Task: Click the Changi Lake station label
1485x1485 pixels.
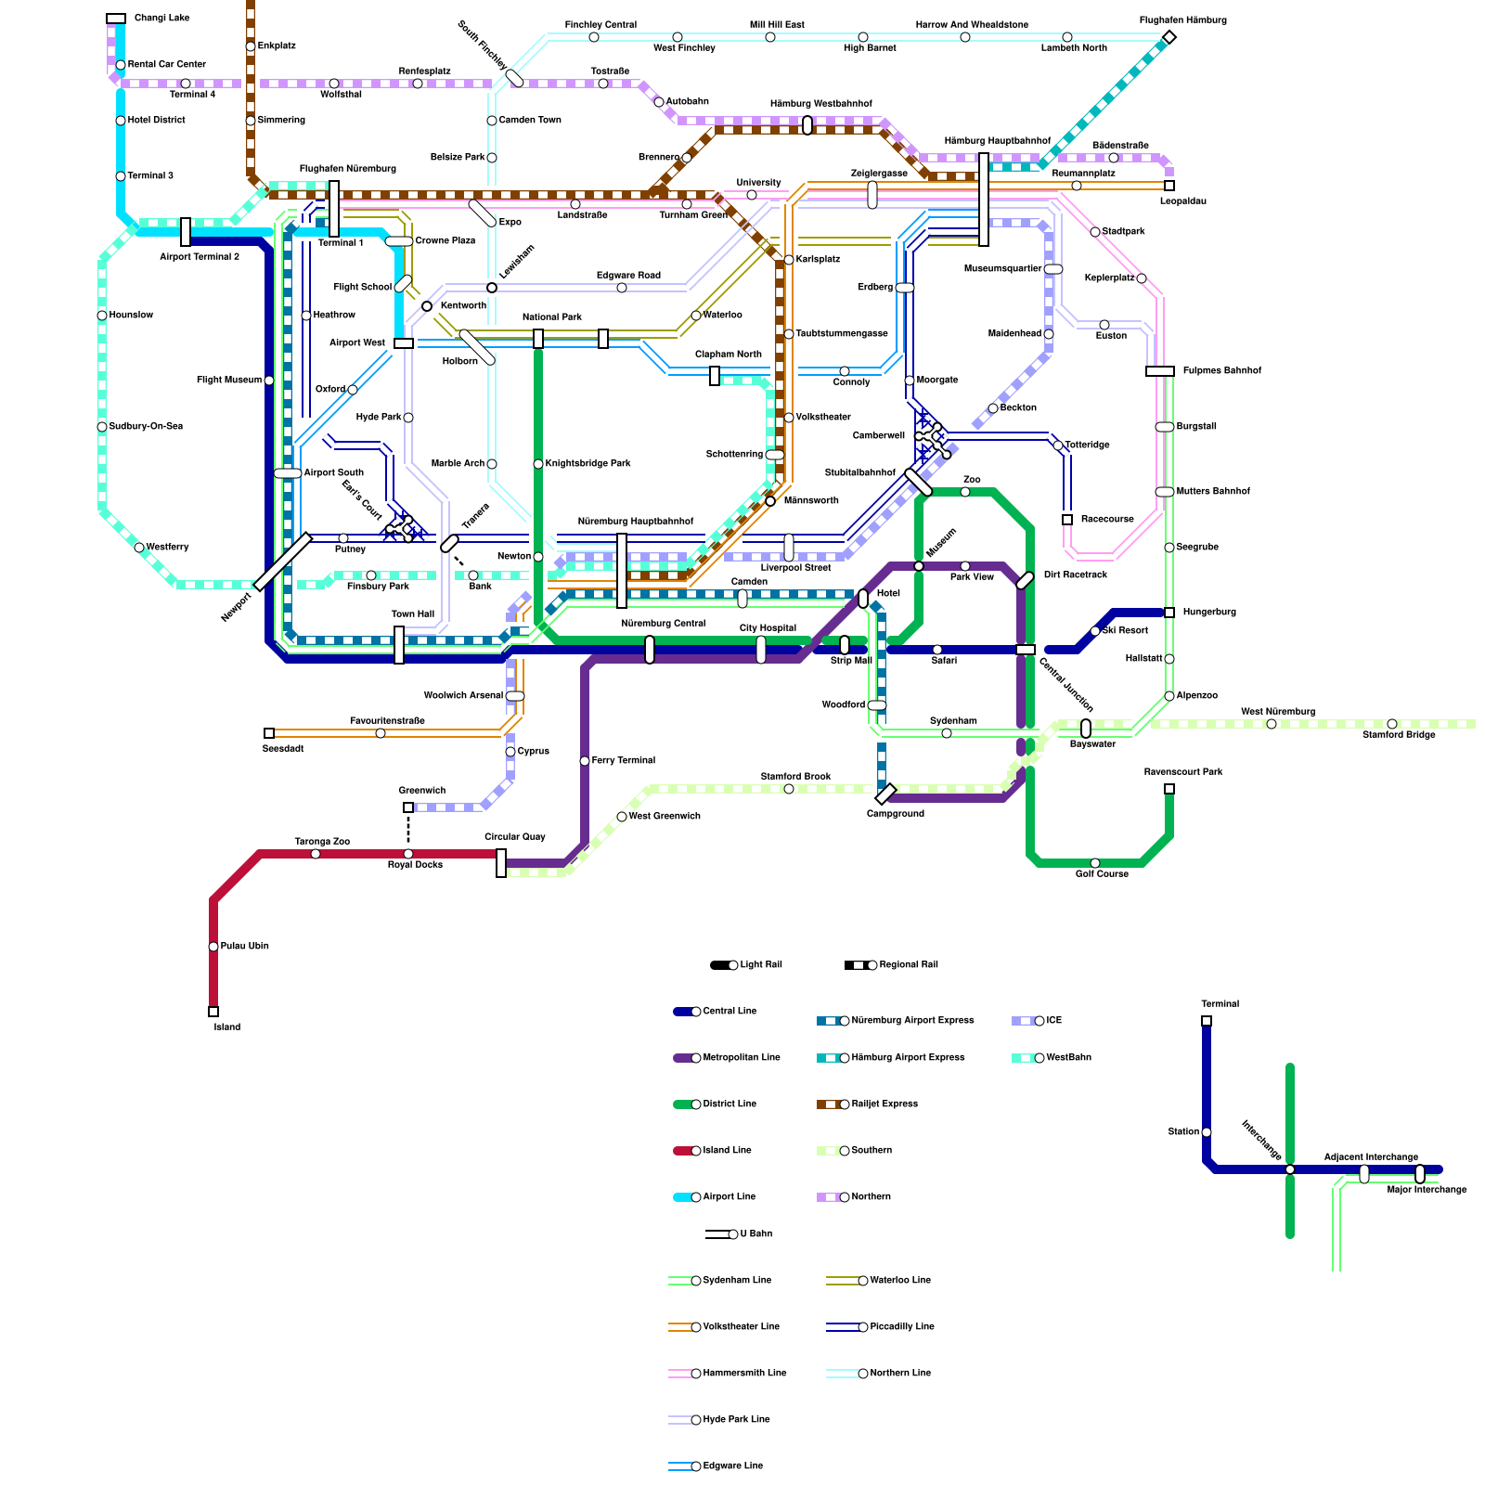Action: [x=161, y=19]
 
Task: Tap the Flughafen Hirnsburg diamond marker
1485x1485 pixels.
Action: [x=1169, y=37]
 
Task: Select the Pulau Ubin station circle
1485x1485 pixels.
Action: [x=213, y=947]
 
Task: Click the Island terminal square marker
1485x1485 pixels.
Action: [x=213, y=1012]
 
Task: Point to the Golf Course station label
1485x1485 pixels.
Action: [x=1102, y=873]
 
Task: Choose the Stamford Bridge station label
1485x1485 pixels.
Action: [x=1399, y=735]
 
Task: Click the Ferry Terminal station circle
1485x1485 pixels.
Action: [x=585, y=761]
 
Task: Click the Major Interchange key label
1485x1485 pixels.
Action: [x=1427, y=1190]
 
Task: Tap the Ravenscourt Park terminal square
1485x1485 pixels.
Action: [x=1169, y=789]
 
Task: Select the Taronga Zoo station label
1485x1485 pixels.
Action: [x=322, y=842]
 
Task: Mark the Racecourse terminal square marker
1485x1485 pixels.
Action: [x=1067, y=520]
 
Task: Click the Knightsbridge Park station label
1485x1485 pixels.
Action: [x=588, y=464]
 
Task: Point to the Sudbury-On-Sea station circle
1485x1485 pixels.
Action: [x=102, y=427]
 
